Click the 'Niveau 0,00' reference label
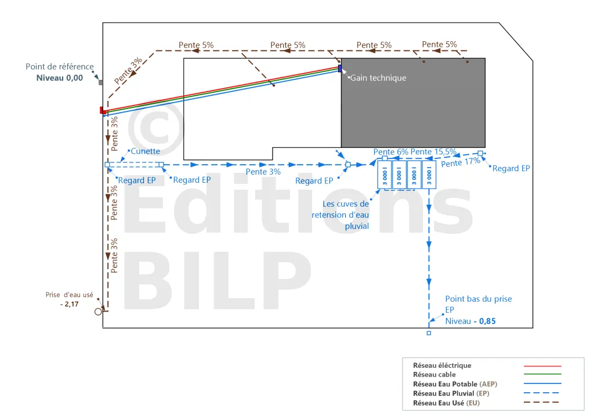click(60, 78)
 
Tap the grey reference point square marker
click(101, 82)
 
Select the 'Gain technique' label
click(378, 78)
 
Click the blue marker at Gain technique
click(340, 68)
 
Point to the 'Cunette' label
click(146, 151)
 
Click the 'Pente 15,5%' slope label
click(433, 152)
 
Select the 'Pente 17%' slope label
click(461, 162)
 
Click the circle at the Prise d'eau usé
click(99, 312)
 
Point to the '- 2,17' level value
click(70, 304)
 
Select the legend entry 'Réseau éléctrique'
click(442, 365)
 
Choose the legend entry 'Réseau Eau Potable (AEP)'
click(455, 384)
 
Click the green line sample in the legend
click(542, 374)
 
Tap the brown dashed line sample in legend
click(541, 402)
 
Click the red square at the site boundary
click(103, 110)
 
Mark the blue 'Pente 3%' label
click(263, 172)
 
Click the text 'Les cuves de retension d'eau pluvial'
click(340, 215)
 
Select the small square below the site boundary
click(429, 333)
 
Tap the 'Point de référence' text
click(60, 67)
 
